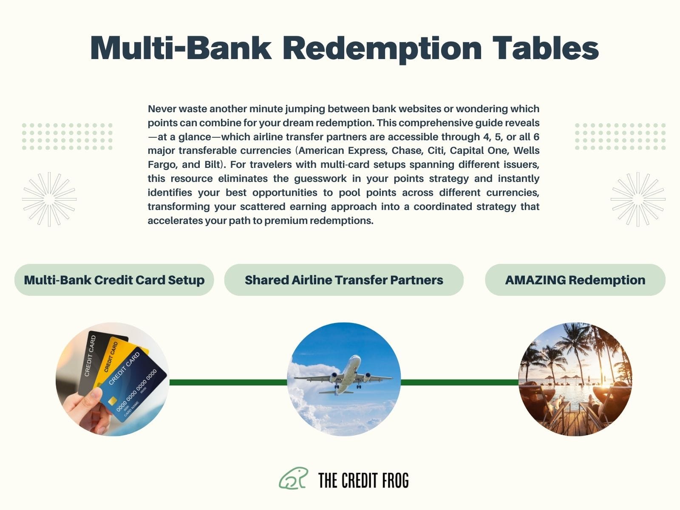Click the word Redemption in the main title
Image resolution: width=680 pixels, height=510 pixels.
(382, 49)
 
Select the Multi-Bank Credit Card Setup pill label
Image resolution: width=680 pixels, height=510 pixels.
(114, 280)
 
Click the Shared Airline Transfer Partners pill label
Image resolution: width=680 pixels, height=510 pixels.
(344, 280)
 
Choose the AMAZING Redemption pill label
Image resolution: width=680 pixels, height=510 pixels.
(575, 280)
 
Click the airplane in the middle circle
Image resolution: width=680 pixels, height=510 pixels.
(343, 375)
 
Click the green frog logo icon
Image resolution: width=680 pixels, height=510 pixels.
(293, 479)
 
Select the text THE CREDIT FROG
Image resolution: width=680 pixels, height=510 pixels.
(363, 480)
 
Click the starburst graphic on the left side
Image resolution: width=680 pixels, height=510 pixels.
(49, 199)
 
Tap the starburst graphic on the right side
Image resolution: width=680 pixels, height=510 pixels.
(638, 199)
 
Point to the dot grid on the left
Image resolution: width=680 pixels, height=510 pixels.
(67, 136)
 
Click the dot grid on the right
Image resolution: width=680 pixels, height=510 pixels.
(620, 136)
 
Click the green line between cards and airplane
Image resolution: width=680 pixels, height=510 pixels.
(228, 382)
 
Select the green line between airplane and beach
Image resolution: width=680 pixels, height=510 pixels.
(460, 382)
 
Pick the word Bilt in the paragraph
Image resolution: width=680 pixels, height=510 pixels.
(214, 164)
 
